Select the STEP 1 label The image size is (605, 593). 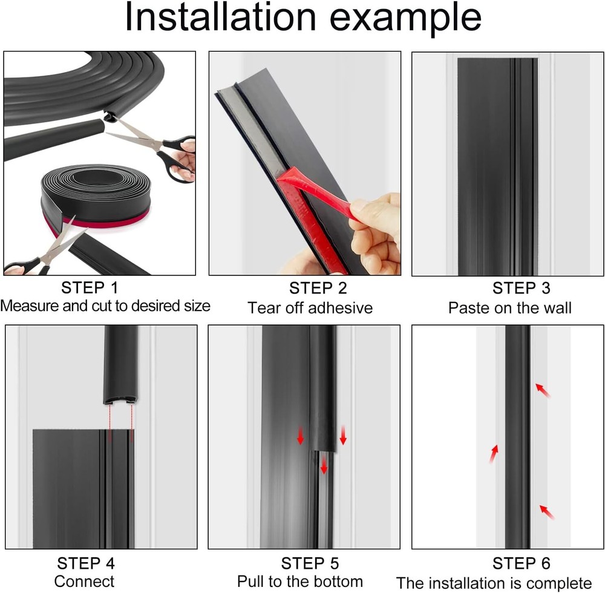90,287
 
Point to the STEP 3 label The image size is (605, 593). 521,288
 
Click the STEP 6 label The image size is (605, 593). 521,563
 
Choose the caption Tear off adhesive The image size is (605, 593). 310,308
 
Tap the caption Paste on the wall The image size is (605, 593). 509,308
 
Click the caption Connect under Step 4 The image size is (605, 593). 85,582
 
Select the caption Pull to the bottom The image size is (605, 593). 300,582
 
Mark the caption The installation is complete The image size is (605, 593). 494,583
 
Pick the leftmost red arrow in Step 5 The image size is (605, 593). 300,435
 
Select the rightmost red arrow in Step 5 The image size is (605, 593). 343,435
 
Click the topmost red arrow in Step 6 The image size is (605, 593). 543,390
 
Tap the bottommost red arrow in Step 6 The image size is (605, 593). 546,512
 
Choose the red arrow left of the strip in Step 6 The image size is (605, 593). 494,454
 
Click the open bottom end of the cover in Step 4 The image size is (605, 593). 121,399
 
